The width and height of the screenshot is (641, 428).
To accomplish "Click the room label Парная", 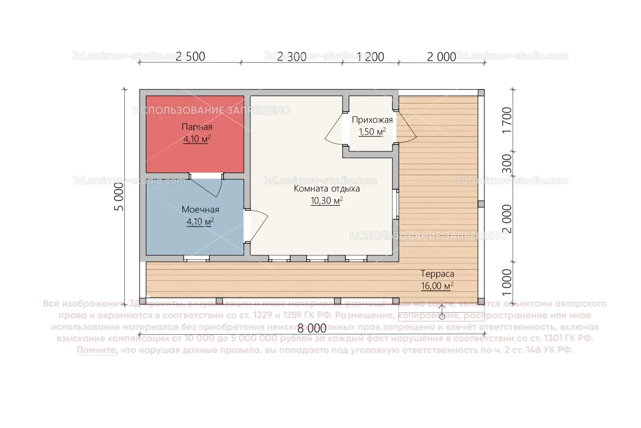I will pyautogui.click(x=197, y=127).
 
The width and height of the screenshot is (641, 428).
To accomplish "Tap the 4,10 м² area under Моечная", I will pyautogui.click(x=200, y=222).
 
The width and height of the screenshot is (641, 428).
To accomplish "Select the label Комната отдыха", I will pyautogui.click(x=326, y=189).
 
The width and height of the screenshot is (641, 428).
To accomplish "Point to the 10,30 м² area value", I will pyautogui.click(x=326, y=201).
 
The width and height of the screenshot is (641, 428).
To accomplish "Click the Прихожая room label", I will pyautogui.click(x=372, y=120).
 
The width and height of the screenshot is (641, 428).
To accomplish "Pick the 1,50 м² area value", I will pyautogui.click(x=372, y=132).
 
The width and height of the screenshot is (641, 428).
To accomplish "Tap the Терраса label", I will pyautogui.click(x=437, y=274).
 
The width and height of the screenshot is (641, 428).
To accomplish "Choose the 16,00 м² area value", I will pyautogui.click(x=437, y=286).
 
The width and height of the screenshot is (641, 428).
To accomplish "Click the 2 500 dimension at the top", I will pyautogui.click(x=190, y=57).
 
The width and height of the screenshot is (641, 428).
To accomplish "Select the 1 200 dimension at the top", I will pyautogui.click(x=371, y=57).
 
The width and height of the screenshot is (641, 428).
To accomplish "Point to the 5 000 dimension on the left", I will pyautogui.click(x=119, y=197).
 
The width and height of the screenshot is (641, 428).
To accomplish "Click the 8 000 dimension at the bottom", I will pyautogui.click(x=312, y=328).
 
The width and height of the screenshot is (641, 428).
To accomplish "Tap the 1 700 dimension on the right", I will pyautogui.click(x=507, y=120).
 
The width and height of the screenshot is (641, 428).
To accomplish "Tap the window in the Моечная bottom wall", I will pyautogui.click(x=197, y=258).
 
